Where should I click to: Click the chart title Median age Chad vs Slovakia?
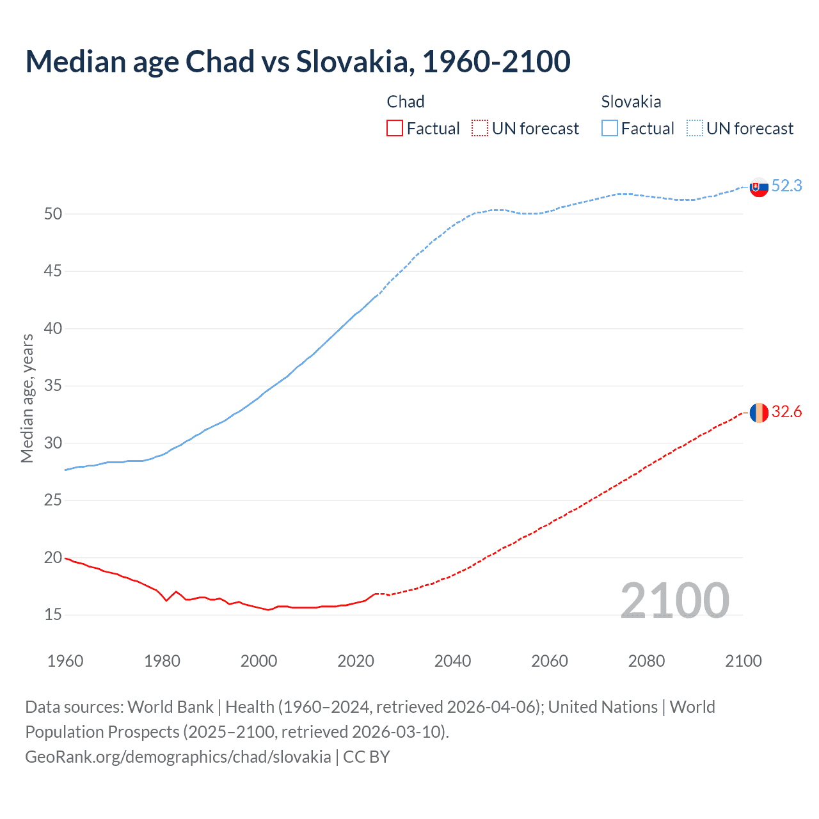tap(298, 61)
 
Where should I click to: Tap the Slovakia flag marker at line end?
tap(759, 187)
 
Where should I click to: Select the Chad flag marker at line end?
tap(759, 413)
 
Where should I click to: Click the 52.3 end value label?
tap(786, 186)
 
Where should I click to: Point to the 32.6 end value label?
tap(786, 411)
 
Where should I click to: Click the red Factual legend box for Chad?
tap(395, 129)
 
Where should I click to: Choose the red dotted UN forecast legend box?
tap(480, 129)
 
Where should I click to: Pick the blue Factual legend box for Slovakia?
tap(610, 129)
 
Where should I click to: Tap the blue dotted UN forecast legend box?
tap(694, 129)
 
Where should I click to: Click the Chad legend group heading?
tap(406, 102)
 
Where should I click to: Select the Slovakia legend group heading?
tap(631, 102)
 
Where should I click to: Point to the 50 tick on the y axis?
tap(53, 214)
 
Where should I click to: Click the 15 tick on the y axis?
tap(53, 615)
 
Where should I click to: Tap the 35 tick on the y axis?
tap(53, 386)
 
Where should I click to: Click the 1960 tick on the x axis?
tap(65, 661)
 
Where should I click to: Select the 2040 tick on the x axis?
tap(452, 661)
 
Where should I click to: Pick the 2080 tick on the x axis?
tap(646, 661)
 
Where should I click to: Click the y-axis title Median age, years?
tap(27, 398)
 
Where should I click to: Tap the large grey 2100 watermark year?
tap(674, 601)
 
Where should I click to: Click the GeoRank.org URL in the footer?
tap(178, 757)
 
